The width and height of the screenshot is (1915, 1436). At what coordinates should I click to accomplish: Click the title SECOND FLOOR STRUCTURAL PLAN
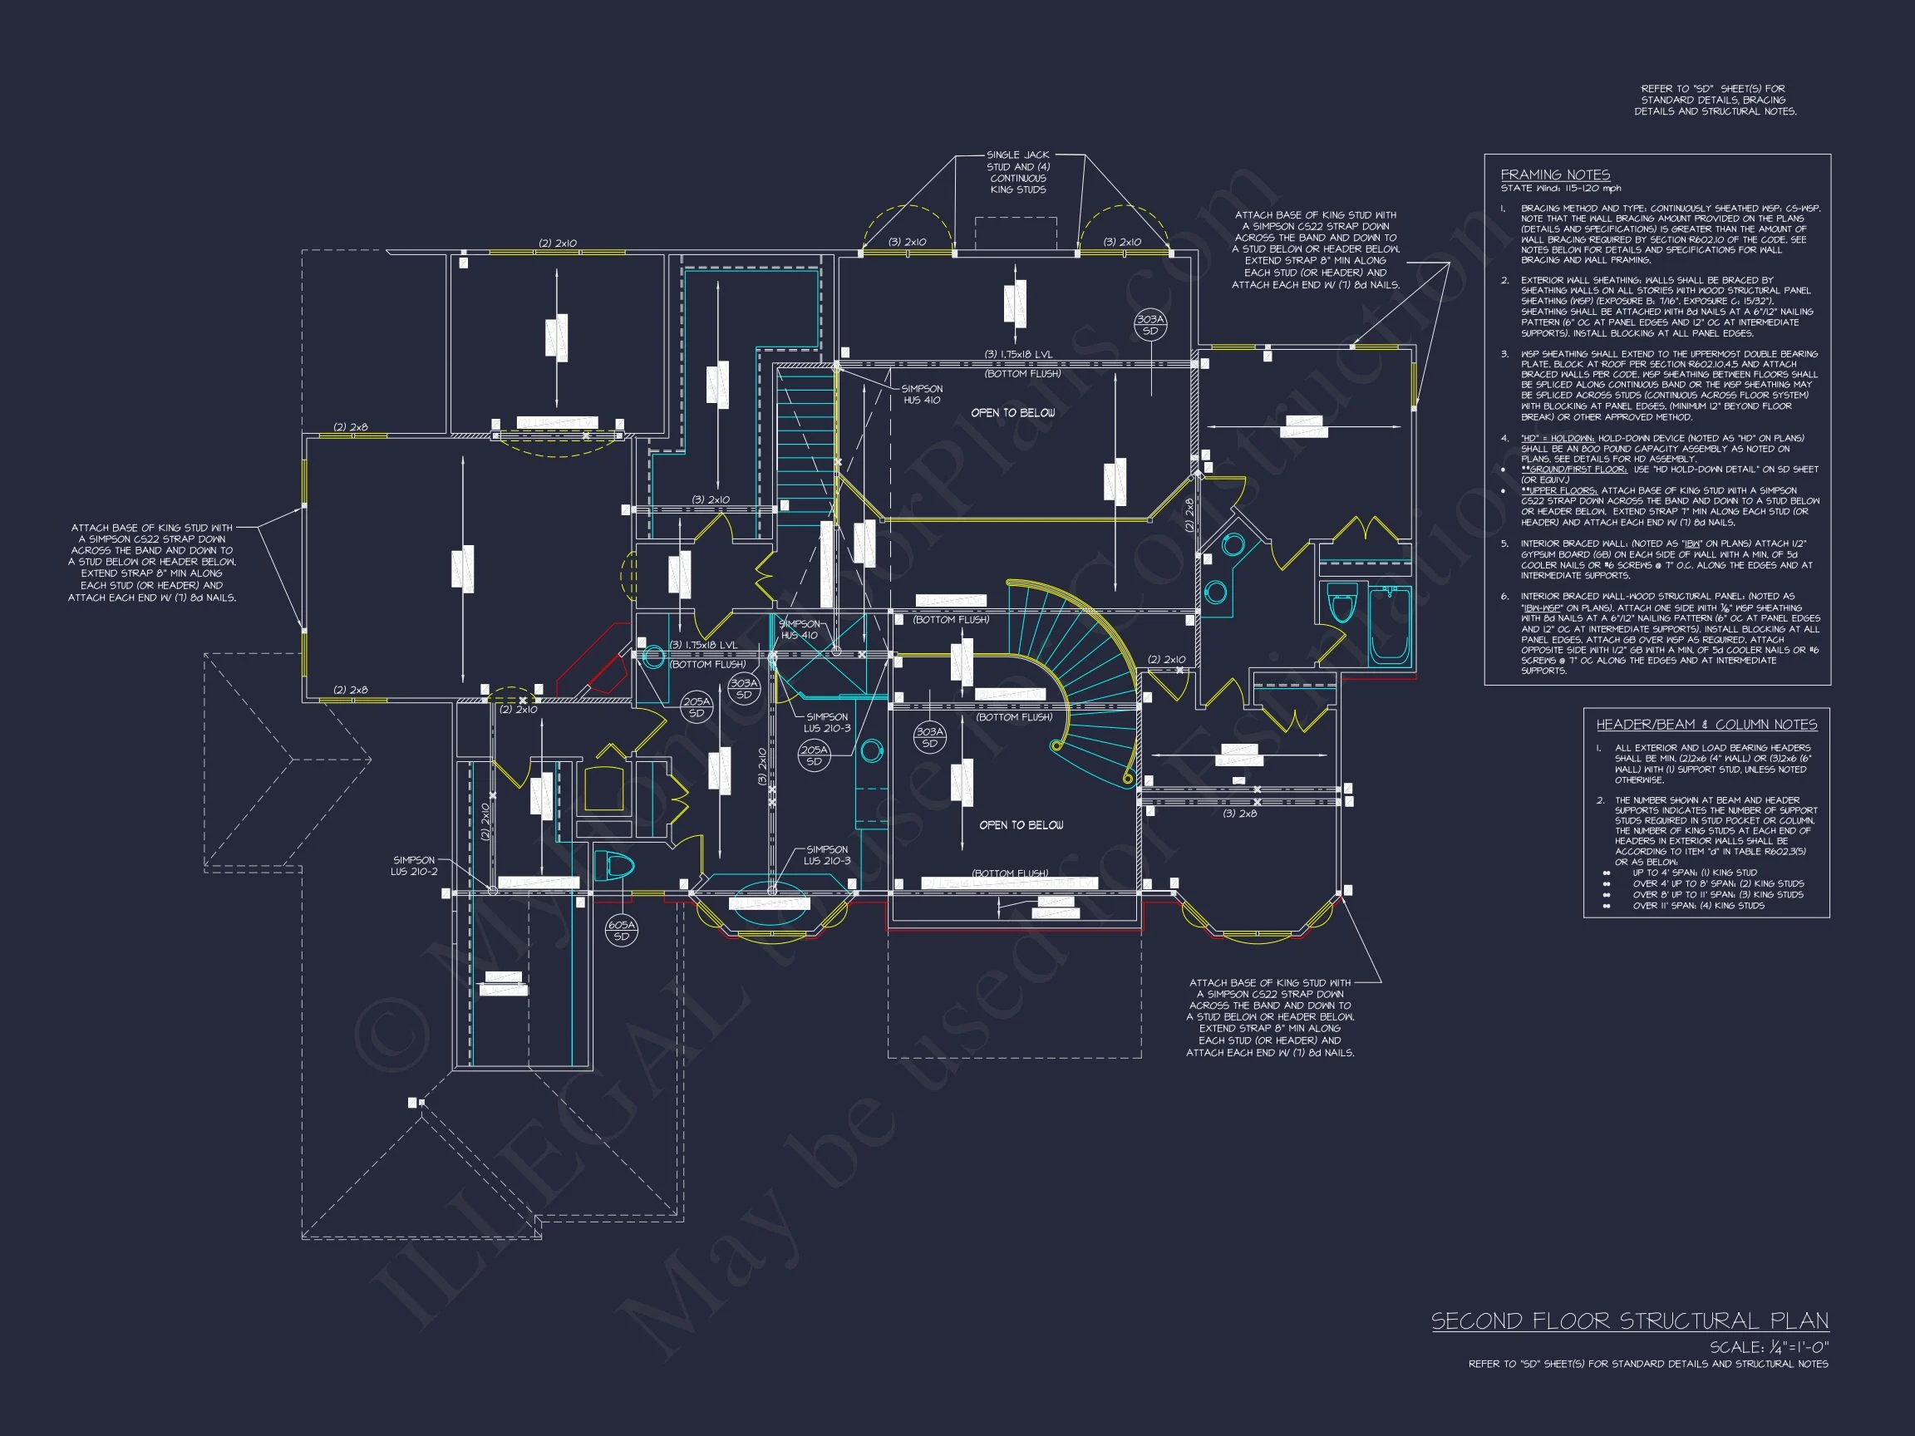pyautogui.click(x=1629, y=1320)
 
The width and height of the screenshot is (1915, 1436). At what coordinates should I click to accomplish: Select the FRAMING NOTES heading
pyautogui.click(x=1555, y=175)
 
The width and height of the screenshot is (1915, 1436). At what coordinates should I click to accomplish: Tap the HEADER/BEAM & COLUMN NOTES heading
pyautogui.click(x=1706, y=725)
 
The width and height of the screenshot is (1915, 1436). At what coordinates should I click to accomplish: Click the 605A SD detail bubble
pyautogui.click(x=621, y=931)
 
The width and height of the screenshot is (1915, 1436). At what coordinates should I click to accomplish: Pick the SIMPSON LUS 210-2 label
pyautogui.click(x=414, y=866)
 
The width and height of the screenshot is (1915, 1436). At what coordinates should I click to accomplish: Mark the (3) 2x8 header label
pyautogui.click(x=1239, y=814)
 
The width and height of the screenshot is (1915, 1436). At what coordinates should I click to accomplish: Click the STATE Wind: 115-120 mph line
pyautogui.click(x=1560, y=188)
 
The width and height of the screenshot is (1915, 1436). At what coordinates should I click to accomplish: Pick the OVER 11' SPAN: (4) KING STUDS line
pyautogui.click(x=1698, y=906)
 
